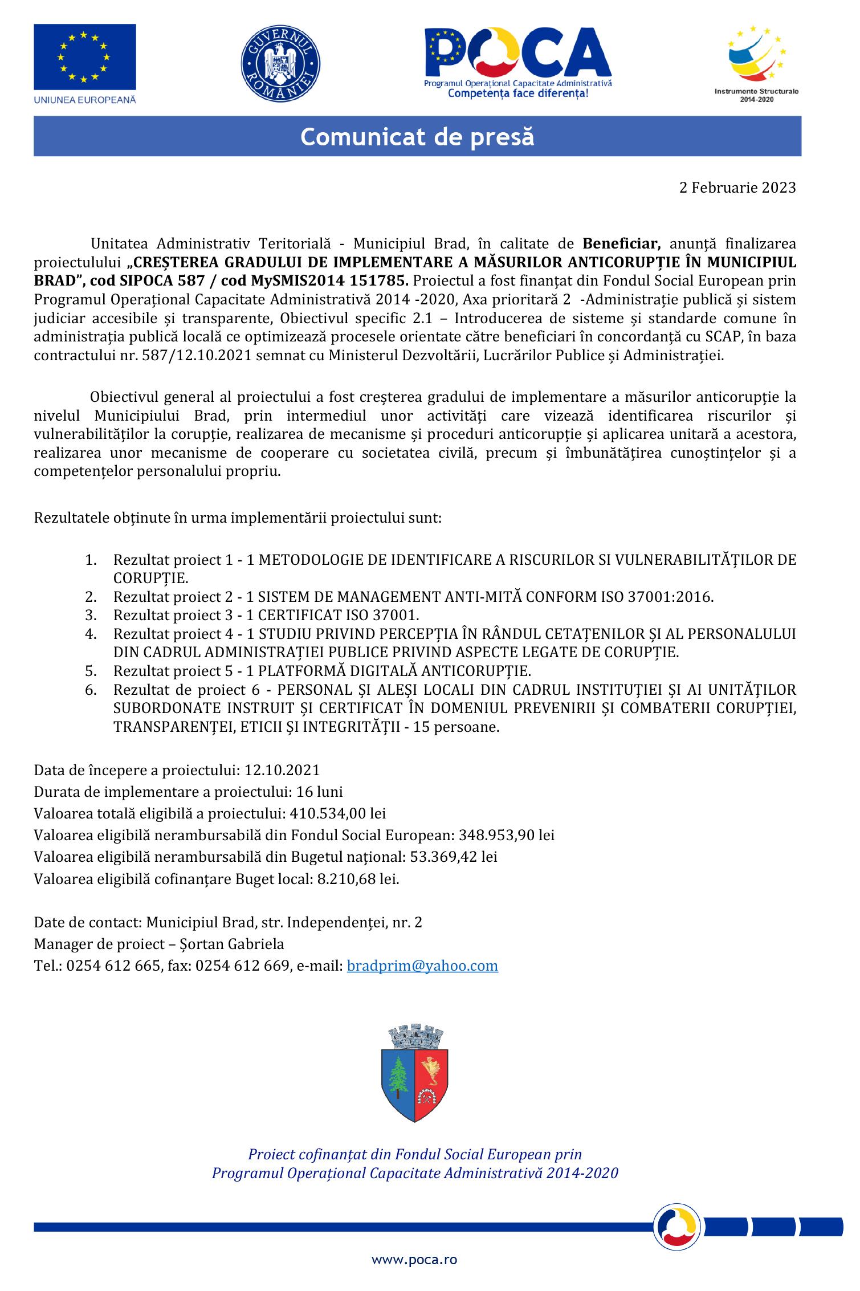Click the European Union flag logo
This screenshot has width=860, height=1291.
click(85, 57)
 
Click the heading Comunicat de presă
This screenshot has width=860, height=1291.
click(417, 137)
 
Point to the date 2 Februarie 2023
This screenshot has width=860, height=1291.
click(737, 188)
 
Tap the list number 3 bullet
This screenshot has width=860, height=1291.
click(91, 615)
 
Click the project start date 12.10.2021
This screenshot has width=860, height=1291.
click(282, 771)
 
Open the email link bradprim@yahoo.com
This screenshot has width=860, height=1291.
click(422, 966)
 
